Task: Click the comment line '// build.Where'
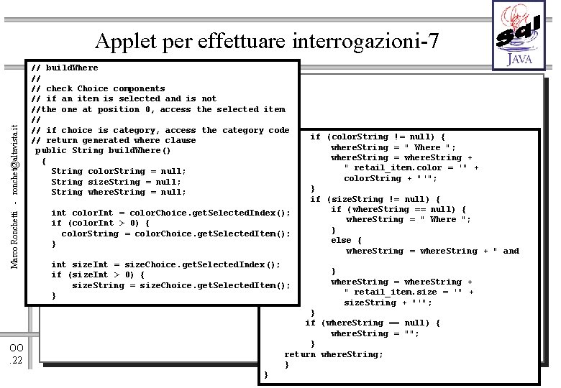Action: coord(65,68)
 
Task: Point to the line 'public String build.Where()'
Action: coord(103,151)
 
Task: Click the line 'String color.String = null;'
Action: coord(118,171)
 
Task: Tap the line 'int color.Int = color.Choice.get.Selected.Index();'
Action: coord(170,213)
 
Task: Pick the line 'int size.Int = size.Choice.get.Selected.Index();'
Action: coord(165,264)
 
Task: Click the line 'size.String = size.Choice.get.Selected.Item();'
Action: coord(181,285)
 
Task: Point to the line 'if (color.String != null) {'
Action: coord(378,137)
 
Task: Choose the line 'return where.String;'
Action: coord(334,354)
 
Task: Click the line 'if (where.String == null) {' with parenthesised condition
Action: coord(373,323)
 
